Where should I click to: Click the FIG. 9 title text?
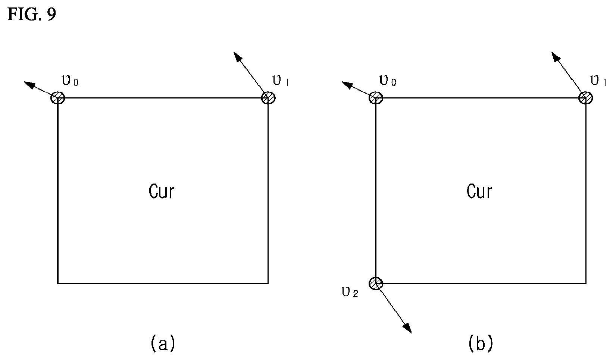tap(32, 14)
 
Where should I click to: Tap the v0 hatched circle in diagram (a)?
tap(58, 98)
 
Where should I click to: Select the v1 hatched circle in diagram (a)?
tap(268, 98)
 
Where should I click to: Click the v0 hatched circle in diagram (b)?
tap(376, 98)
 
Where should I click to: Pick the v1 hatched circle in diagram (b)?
tap(586, 98)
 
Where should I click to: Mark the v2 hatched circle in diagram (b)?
tap(376, 284)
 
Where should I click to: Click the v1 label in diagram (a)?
tap(280, 81)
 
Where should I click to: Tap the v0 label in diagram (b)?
tap(388, 81)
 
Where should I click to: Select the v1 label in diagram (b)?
tap(598, 81)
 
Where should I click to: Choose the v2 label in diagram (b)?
tap(350, 292)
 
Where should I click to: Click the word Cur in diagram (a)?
tap(162, 191)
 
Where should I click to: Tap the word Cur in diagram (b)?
tap(479, 191)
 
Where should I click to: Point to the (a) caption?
tap(163, 343)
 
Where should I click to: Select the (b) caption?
tap(481, 343)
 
